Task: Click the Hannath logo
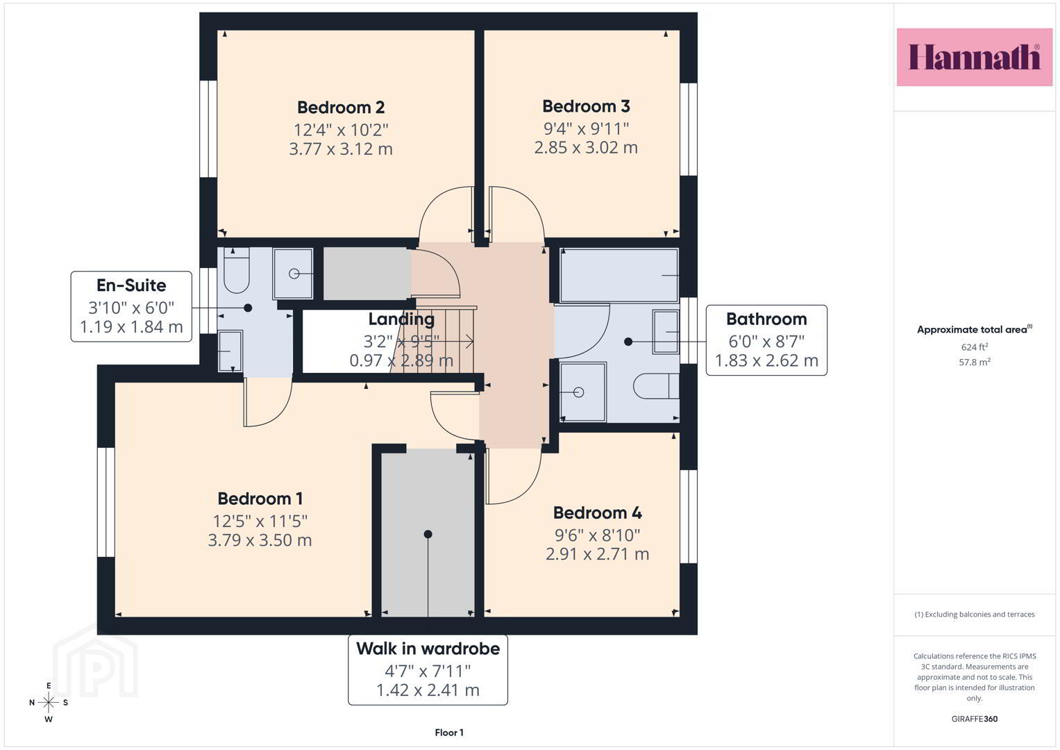(x=974, y=57)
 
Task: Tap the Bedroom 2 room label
(x=341, y=108)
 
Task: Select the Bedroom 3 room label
(x=586, y=106)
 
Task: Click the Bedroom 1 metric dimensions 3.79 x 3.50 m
(x=260, y=540)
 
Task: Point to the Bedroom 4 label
(x=597, y=512)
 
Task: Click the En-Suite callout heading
(x=131, y=285)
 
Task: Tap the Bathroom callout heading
(x=766, y=319)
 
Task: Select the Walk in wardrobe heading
(x=428, y=649)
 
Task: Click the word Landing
(x=401, y=319)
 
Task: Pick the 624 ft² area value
(x=975, y=347)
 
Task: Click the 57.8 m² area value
(x=975, y=362)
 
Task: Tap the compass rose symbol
(x=49, y=702)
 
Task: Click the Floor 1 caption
(x=449, y=733)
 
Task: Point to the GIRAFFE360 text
(x=975, y=719)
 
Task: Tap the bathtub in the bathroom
(x=619, y=275)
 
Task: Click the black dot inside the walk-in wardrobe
(x=428, y=534)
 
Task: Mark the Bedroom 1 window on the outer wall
(x=106, y=502)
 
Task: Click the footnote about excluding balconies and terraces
(x=975, y=615)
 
